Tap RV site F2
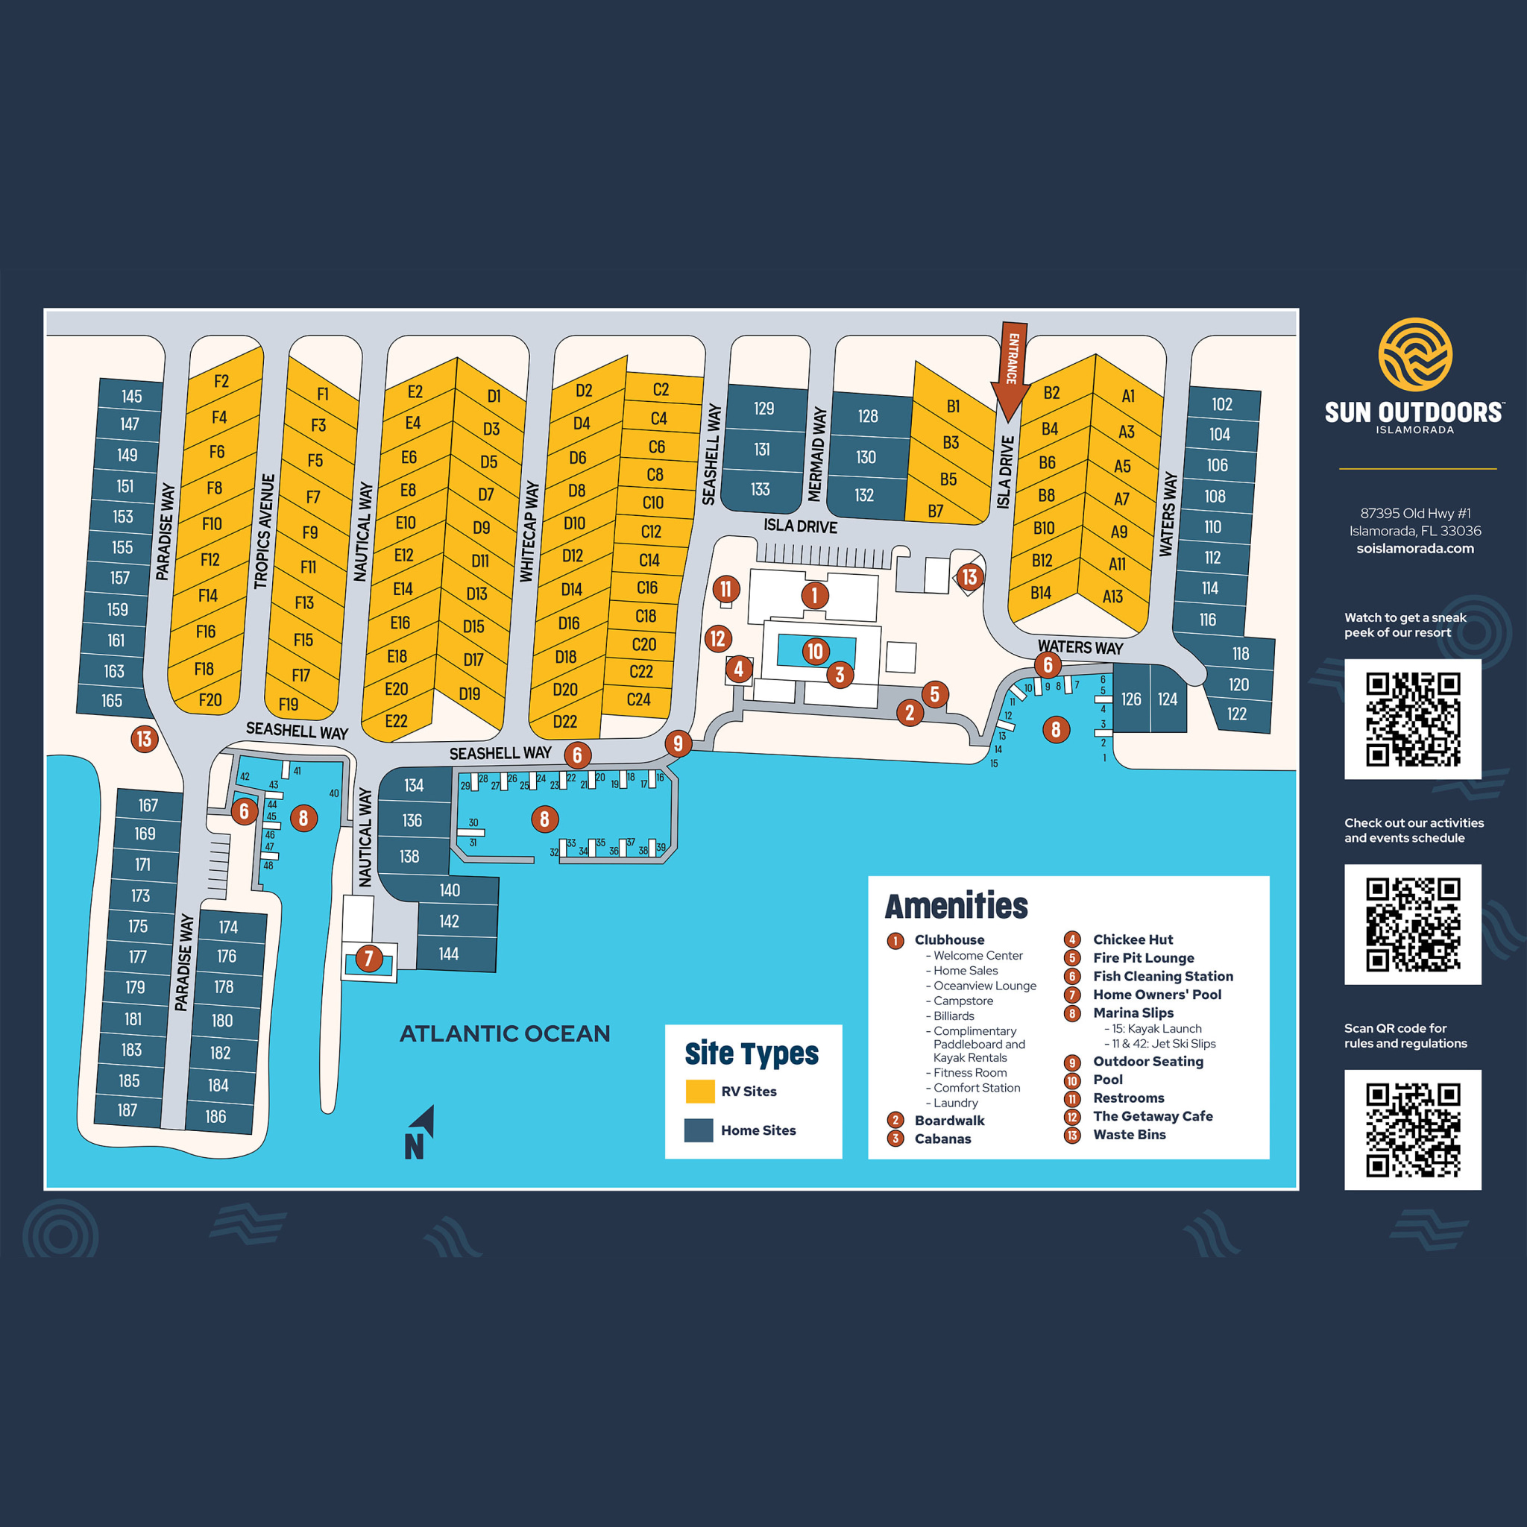pyautogui.click(x=222, y=381)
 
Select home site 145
pyautogui.click(x=131, y=396)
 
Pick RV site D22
pyautogui.click(x=564, y=721)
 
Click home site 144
pyautogui.click(x=449, y=953)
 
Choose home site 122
pyautogui.click(x=1237, y=714)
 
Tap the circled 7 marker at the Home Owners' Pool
pyautogui.click(x=368, y=959)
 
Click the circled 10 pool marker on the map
pyautogui.click(x=815, y=651)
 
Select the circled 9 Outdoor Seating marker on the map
pyautogui.click(x=677, y=743)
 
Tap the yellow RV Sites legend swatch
pyautogui.click(x=699, y=1091)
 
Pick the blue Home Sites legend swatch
pyautogui.click(x=699, y=1130)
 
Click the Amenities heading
pyautogui.click(x=957, y=906)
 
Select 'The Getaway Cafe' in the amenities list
pyautogui.click(x=1153, y=1116)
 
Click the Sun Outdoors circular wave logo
pyautogui.click(x=1414, y=354)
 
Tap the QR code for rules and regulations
pyautogui.click(x=1412, y=1130)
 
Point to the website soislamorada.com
pyautogui.click(x=1414, y=548)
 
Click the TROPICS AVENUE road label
pyautogui.click(x=263, y=531)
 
